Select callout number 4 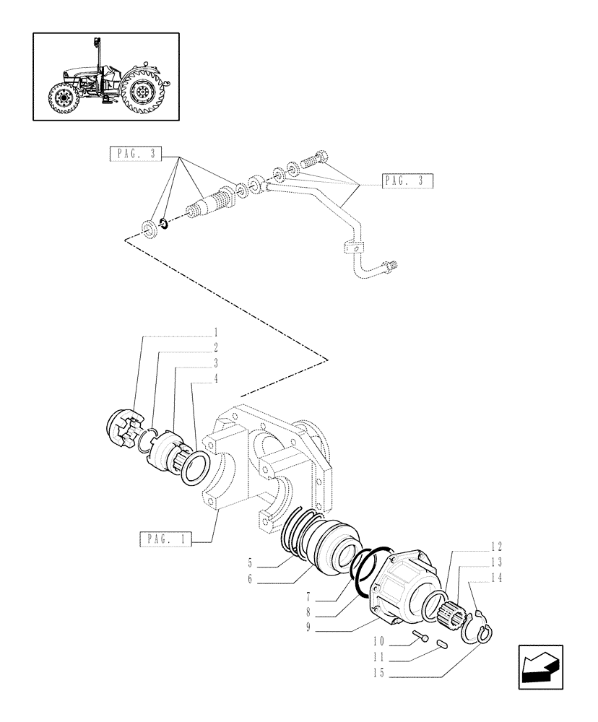216,378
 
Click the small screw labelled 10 420,638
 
